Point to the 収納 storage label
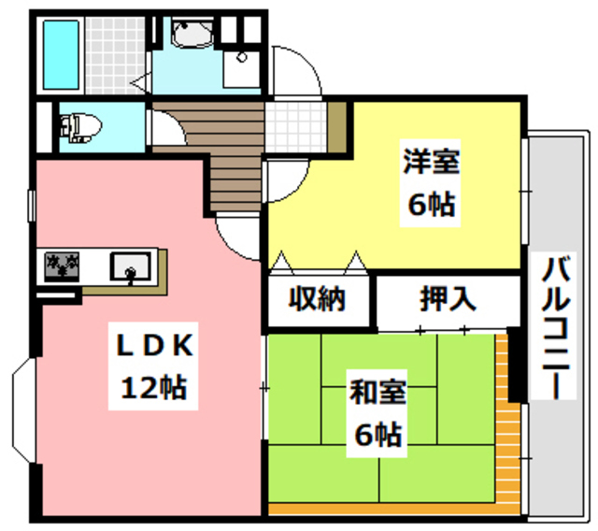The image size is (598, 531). point(318,300)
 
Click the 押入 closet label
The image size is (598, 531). point(448,300)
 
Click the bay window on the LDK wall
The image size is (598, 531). point(22,412)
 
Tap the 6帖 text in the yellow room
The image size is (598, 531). point(431,204)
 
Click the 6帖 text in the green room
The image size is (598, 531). point(377,434)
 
